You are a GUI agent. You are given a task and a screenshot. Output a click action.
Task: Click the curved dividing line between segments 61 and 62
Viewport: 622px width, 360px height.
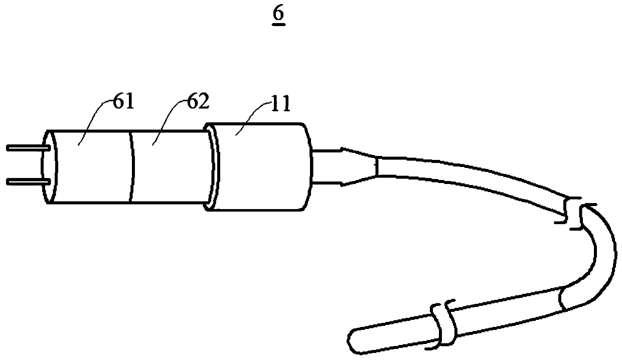(133, 165)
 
